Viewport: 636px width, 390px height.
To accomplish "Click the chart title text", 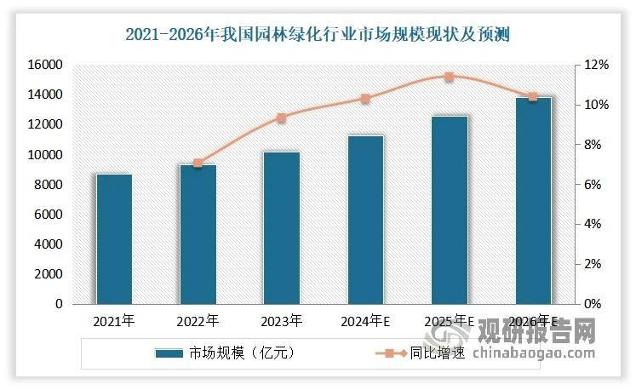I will pos(317,35).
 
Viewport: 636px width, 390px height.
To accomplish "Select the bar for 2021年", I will pos(114,239).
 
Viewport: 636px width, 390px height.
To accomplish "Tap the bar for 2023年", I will pos(282,228).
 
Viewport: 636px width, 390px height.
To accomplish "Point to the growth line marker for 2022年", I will pos(198,163).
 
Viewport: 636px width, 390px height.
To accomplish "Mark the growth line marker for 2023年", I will pos(282,118).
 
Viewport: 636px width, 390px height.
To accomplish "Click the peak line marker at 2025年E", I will pos(450,77).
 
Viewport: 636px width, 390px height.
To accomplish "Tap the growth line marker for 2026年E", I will pos(533,97).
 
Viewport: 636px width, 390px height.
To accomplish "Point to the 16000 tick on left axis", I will pos(47,65).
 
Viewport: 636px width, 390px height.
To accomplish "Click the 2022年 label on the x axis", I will pos(198,321).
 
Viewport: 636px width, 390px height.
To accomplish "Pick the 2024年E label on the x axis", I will pos(365,321).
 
